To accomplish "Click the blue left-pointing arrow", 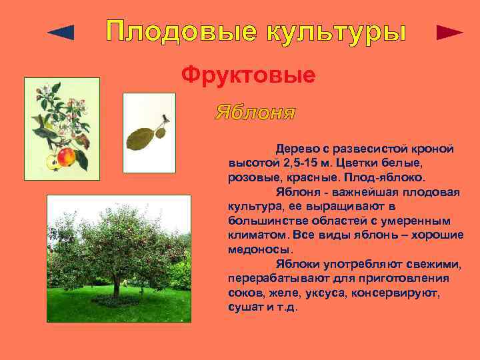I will point(61,32).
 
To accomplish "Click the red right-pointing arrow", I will point(449,33).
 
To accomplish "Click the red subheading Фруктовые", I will point(248,75).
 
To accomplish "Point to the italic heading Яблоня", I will point(255,111).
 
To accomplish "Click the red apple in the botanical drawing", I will point(66,157).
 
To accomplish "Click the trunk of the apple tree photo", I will point(116,287).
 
